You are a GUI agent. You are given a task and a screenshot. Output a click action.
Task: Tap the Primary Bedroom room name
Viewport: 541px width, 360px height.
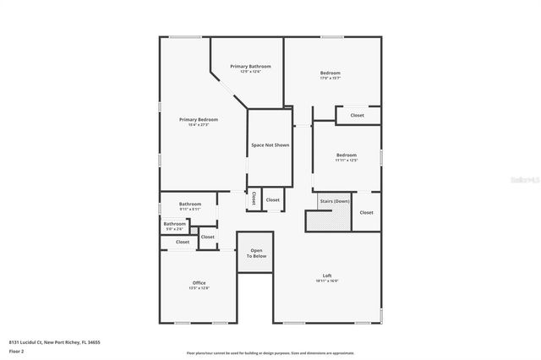click(x=199, y=120)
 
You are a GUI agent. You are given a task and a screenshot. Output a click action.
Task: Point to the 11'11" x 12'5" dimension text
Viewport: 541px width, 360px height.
click(x=347, y=160)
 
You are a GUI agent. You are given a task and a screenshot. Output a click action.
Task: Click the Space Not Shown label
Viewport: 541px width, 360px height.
click(x=270, y=145)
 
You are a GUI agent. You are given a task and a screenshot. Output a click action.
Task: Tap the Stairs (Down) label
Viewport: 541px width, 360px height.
click(x=335, y=202)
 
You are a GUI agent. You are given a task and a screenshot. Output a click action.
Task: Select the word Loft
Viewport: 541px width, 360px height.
click(x=326, y=275)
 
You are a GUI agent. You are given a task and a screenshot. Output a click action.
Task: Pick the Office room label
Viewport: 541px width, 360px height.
click(x=199, y=282)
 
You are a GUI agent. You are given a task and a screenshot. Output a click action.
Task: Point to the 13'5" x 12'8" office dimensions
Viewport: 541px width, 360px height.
click(x=199, y=288)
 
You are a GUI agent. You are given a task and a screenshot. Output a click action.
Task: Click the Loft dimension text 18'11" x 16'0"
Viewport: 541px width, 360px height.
click(x=326, y=281)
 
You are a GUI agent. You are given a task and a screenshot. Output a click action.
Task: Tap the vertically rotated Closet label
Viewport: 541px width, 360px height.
click(x=254, y=199)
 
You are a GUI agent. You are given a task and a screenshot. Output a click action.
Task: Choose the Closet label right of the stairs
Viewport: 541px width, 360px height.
click(x=366, y=212)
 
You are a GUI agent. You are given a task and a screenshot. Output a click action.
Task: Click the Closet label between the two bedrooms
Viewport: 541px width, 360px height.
click(x=357, y=115)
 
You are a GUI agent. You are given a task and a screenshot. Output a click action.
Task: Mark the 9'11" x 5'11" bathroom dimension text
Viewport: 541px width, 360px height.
click(x=190, y=209)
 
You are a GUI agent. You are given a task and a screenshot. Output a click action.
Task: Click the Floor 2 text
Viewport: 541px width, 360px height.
click(x=16, y=351)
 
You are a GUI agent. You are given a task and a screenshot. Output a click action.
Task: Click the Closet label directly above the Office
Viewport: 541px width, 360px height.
click(x=183, y=242)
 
